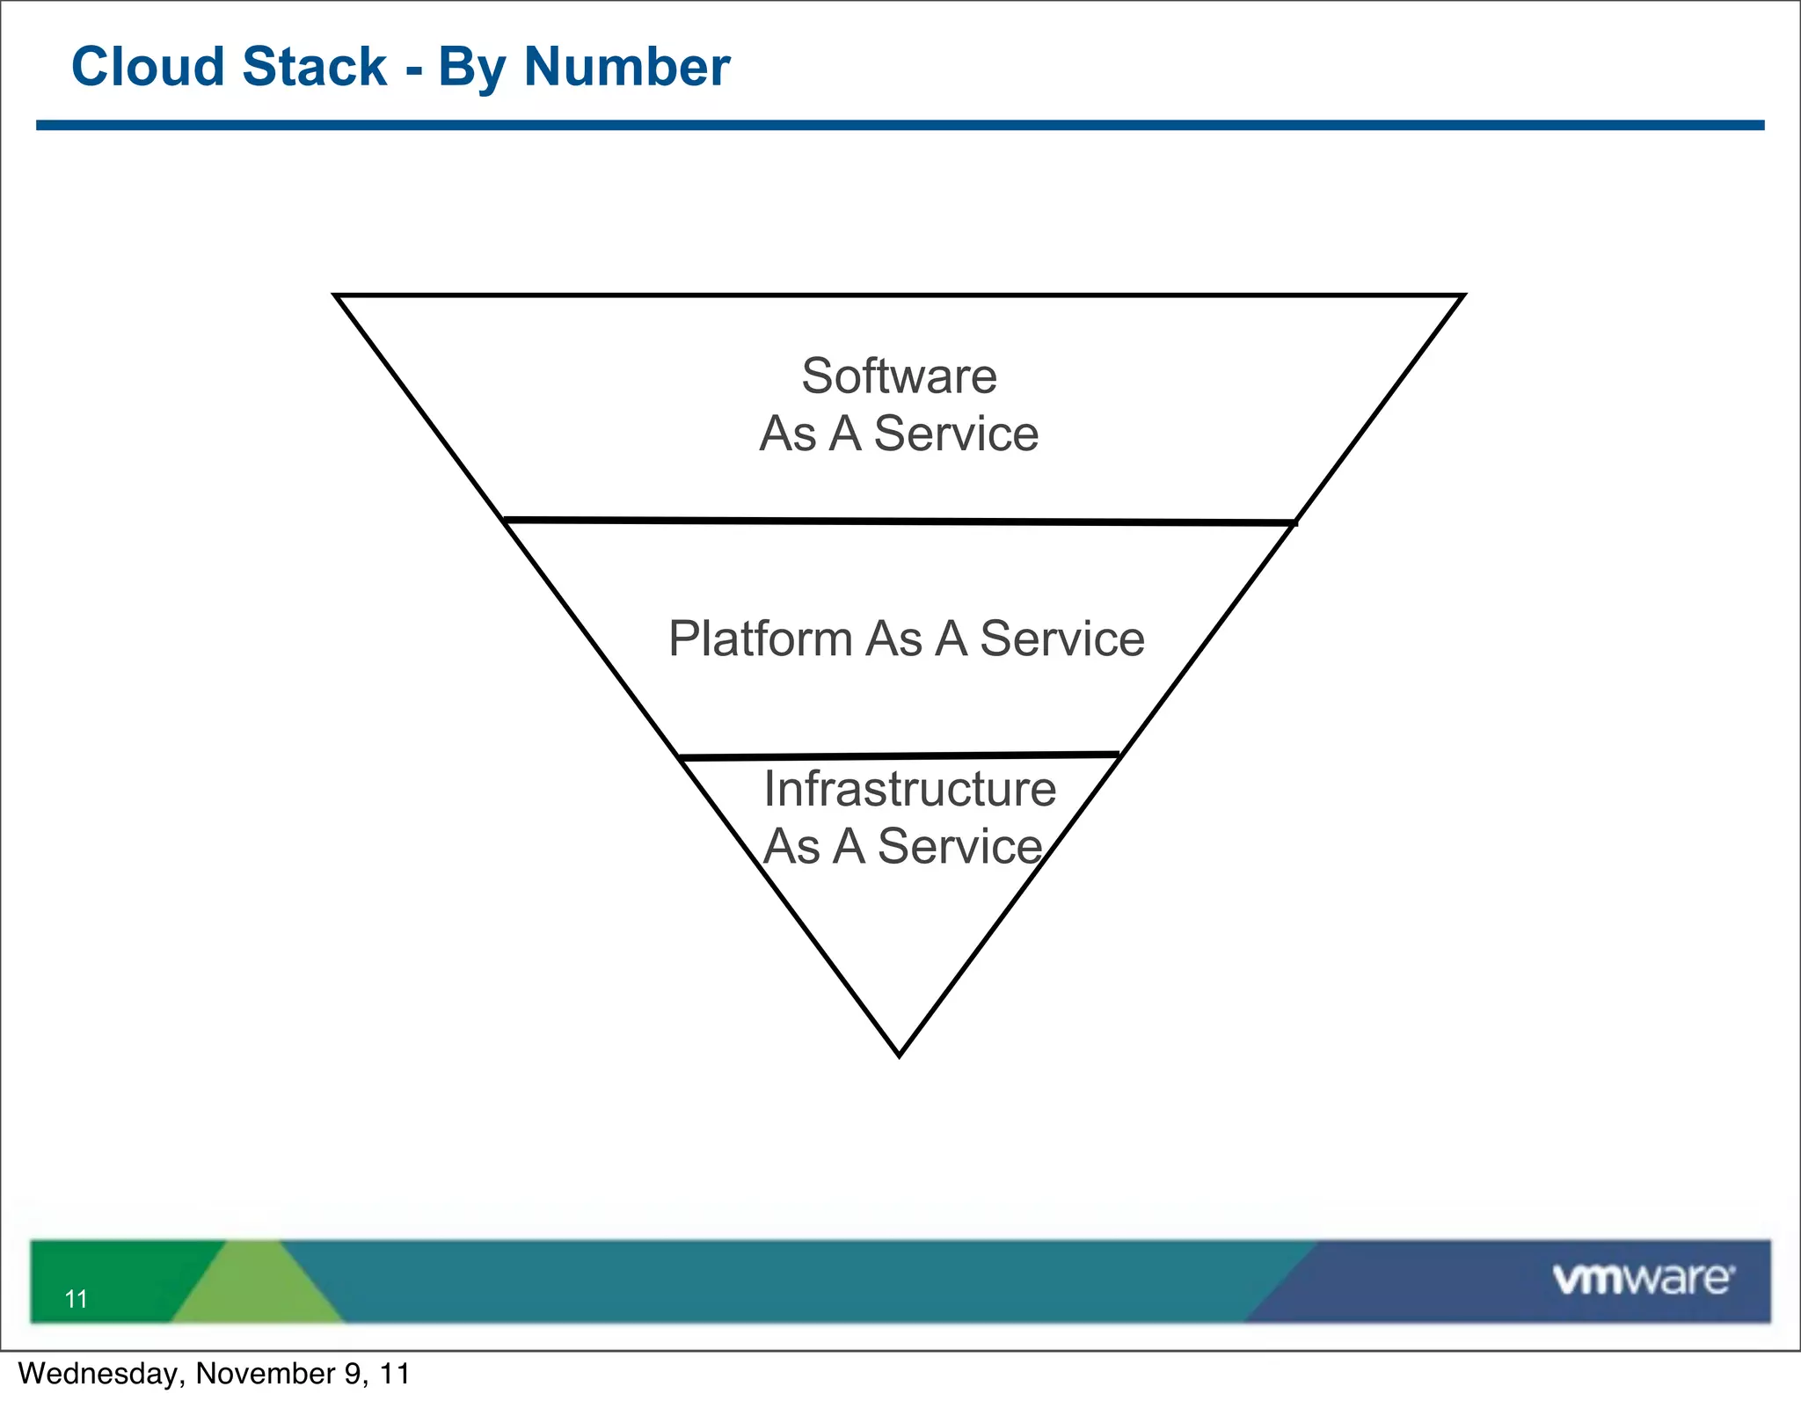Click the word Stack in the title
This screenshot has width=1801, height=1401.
click(x=314, y=67)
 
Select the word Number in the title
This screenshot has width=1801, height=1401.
click(x=626, y=67)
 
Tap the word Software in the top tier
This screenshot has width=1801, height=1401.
click(x=899, y=376)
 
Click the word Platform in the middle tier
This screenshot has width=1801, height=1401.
click(x=760, y=638)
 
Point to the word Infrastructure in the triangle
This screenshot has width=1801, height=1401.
click(x=909, y=789)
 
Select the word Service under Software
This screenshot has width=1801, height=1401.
click(x=956, y=434)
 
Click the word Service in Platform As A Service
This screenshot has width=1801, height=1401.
click(x=1061, y=638)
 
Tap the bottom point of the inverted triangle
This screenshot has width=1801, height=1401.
click(x=899, y=1054)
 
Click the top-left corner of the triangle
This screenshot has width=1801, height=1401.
click(x=338, y=297)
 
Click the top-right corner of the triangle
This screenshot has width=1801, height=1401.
click(x=1461, y=297)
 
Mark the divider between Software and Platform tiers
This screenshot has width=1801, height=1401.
click(x=899, y=522)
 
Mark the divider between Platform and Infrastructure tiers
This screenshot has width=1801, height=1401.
click(x=899, y=755)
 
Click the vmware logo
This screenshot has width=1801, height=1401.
click(x=1643, y=1279)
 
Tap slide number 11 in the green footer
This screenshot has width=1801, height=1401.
click(x=77, y=1299)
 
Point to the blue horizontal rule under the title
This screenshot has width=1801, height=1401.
click(x=899, y=126)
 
